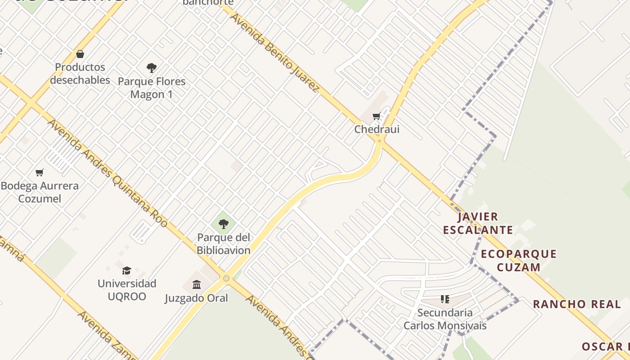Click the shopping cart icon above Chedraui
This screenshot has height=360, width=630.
(x=377, y=117)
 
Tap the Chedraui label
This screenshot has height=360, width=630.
(x=377, y=130)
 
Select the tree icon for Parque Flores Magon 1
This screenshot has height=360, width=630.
(x=152, y=68)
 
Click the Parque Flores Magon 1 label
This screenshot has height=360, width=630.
(x=152, y=88)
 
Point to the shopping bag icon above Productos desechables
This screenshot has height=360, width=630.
(x=80, y=54)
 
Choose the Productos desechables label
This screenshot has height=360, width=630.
(x=80, y=74)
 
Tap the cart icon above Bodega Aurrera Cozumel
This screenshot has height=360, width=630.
(x=40, y=172)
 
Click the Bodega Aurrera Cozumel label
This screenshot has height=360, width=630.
(x=40, y=192)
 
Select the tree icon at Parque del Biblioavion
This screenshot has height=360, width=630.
(x=224, y=224)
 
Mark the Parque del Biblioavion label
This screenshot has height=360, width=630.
(x=224, y=243)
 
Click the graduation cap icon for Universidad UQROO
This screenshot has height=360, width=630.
(x=127, y=270)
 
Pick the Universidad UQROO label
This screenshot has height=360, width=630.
(x=127, y=290)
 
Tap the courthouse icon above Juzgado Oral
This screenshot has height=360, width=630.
(x=197, y=284)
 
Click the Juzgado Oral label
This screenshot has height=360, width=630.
(x=197, y=298)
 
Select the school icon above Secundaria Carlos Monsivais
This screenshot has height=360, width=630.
(x=445, y=299)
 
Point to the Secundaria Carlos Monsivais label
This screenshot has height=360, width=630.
(x=445, y=319)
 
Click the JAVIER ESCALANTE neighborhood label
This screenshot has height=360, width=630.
(x=478, y=224)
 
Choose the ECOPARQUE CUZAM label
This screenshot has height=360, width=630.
(x=519, y=261)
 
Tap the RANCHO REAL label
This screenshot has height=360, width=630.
(x=577, y=304)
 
